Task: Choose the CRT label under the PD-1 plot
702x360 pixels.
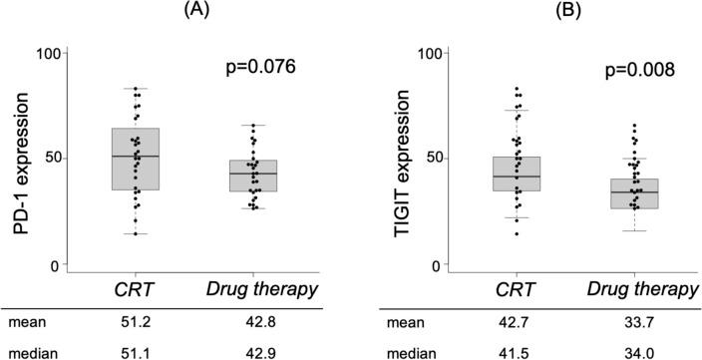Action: pos(136,289)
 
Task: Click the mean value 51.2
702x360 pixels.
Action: pos(135,323)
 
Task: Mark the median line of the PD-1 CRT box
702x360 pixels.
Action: pos(136,157)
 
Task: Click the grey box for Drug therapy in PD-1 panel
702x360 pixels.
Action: pos(252,176)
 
